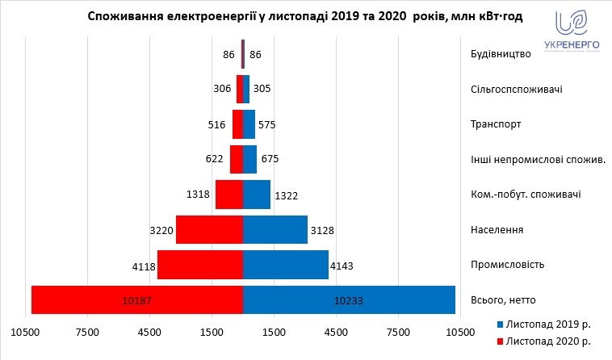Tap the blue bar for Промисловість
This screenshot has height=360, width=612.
pos(285,265)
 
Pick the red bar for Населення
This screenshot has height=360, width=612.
pos(209,230)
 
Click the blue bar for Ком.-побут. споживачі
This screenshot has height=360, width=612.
pos(256,195)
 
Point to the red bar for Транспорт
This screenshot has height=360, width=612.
pos(237,124)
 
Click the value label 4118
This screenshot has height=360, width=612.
pos(142,265)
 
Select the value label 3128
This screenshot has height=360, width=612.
pos(321,230)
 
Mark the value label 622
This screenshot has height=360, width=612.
pos(215,159)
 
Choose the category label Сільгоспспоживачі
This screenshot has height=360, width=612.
pos(516,89)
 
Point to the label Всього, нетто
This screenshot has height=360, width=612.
pos(505,299)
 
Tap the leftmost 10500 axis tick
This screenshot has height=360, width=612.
pos(25,332)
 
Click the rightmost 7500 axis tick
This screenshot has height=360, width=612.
pos(398,332)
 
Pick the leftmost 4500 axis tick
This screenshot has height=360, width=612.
pos(149,332)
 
